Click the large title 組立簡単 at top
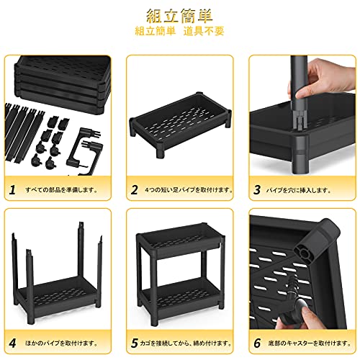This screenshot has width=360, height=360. point(179,16)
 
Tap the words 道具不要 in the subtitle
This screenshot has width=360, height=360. point(204,32)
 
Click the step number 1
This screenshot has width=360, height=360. point(12,189)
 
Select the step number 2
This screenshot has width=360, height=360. point(135,189)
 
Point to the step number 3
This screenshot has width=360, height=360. point(257,189)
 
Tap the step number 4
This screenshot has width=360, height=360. point(12,343)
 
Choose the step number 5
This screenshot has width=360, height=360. point(135,343)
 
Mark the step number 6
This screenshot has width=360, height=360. point(257,343)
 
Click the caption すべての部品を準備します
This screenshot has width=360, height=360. point(61,190)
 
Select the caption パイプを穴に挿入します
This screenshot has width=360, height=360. point(298,190)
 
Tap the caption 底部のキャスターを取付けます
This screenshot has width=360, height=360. point(310,343)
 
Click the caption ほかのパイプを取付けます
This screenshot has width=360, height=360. point(61,343)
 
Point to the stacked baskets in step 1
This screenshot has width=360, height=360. point(63,84)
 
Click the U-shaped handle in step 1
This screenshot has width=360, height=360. point(84,151)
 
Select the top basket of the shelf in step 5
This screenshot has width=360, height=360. point(179,240)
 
